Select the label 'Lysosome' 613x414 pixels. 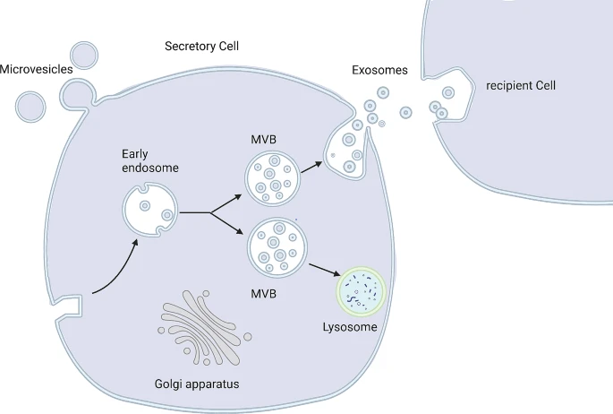pos(349,327)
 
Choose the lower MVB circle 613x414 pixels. pos(273,246)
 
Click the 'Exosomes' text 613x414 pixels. pos(380,70)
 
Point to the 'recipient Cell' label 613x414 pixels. pos(521,86)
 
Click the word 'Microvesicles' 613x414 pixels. pos(30,69)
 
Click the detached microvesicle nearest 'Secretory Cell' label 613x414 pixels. pos(85,55)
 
